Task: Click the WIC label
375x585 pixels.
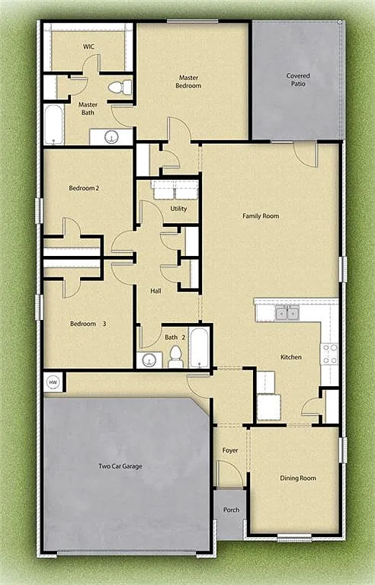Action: tap(89, 46)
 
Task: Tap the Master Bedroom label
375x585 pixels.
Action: tap(190, 82)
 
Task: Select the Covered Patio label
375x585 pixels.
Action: tap(298, 80)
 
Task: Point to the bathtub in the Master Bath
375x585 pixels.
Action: tap(53, 124)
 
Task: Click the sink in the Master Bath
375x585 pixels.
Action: tap(111, 137)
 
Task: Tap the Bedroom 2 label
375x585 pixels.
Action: tap(84, 188)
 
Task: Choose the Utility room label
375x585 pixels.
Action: tap(178, 208)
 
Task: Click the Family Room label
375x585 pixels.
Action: tap(261, 216)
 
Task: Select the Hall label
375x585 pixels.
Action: tap(155, 290)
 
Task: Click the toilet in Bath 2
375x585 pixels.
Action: tap(176, 356)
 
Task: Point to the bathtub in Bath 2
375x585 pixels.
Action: tap(199, 347)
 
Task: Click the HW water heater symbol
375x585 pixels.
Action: tap(53, 382)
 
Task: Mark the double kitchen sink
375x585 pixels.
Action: tap(287, 312)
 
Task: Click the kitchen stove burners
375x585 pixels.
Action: tap(329, 353)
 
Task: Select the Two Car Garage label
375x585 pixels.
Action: tap(120, 466)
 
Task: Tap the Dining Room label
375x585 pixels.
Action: tap(297, 478)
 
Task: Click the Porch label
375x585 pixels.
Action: tap(230, 511)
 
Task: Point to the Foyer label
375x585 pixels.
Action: tap(230, 450)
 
